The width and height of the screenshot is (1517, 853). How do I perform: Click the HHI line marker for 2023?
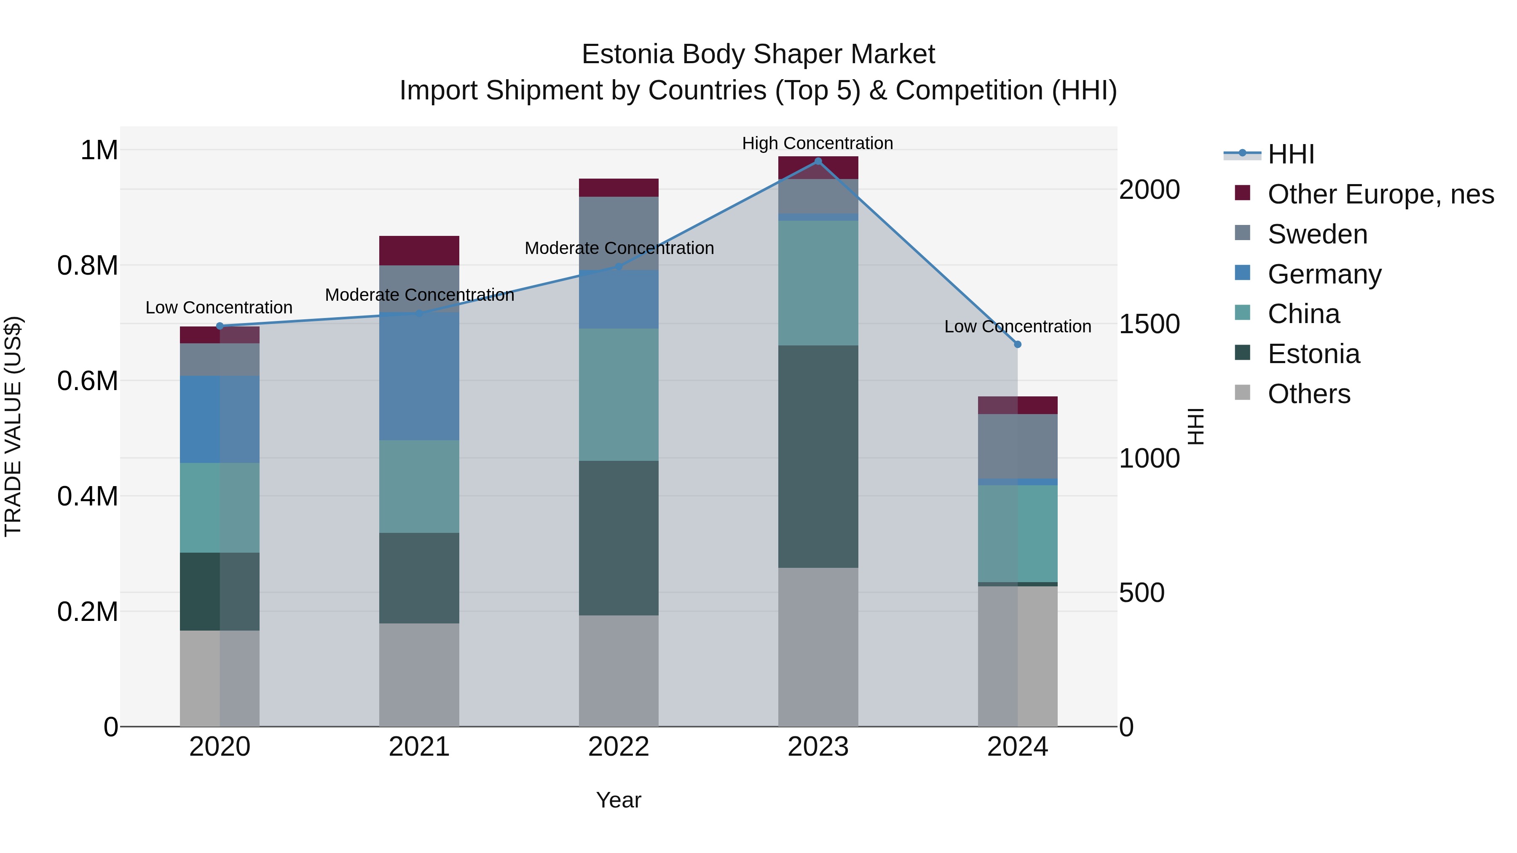[818, 161]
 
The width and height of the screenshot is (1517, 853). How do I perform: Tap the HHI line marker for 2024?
[1018, 345]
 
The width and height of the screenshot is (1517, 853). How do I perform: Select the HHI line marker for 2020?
[220, 326]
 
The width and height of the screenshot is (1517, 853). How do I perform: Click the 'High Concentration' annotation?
[817, 143]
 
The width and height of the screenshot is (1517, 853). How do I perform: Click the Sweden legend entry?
[1317, 234]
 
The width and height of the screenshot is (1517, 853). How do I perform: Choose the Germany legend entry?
[1324, 274]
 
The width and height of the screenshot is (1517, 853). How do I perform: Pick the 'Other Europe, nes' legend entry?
[1380, 194]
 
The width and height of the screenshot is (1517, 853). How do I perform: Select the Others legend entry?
[1308, 394]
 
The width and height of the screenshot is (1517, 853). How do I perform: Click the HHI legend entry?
[1291, 154]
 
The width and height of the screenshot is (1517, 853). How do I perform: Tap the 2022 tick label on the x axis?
[618, 747]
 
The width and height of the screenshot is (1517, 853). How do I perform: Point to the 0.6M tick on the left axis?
[88, 381]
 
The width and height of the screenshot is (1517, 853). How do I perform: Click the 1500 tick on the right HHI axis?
[1149, 324]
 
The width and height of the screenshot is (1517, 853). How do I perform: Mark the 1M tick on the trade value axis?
[99, 150]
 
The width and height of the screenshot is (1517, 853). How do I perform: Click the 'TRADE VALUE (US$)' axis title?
[13, 426]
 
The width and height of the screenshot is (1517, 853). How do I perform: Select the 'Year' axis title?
[618, 800]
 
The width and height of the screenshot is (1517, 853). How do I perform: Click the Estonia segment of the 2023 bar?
[818, 456]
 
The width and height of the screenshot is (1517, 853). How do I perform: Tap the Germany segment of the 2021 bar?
[419, 377]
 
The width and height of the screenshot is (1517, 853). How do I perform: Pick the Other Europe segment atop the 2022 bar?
[618, 187]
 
